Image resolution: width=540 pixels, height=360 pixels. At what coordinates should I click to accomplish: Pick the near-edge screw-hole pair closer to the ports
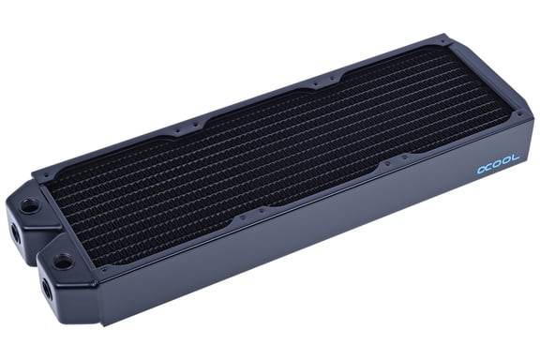click(240, 220)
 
